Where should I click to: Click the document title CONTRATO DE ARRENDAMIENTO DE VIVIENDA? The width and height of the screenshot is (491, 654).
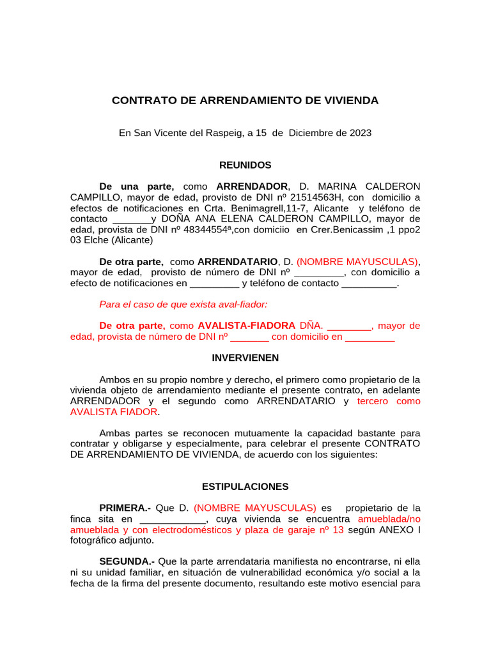(245, 100)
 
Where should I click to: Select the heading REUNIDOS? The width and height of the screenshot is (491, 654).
(245, 165)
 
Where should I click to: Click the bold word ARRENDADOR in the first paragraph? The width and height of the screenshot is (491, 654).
(252, 186)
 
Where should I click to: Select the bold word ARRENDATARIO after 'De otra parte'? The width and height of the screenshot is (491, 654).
(237, 262)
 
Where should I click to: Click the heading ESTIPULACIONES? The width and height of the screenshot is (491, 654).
(245, 486)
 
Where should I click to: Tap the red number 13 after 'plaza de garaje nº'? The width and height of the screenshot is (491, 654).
(338, 529)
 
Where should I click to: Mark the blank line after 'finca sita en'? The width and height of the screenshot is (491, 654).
(168, 519)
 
